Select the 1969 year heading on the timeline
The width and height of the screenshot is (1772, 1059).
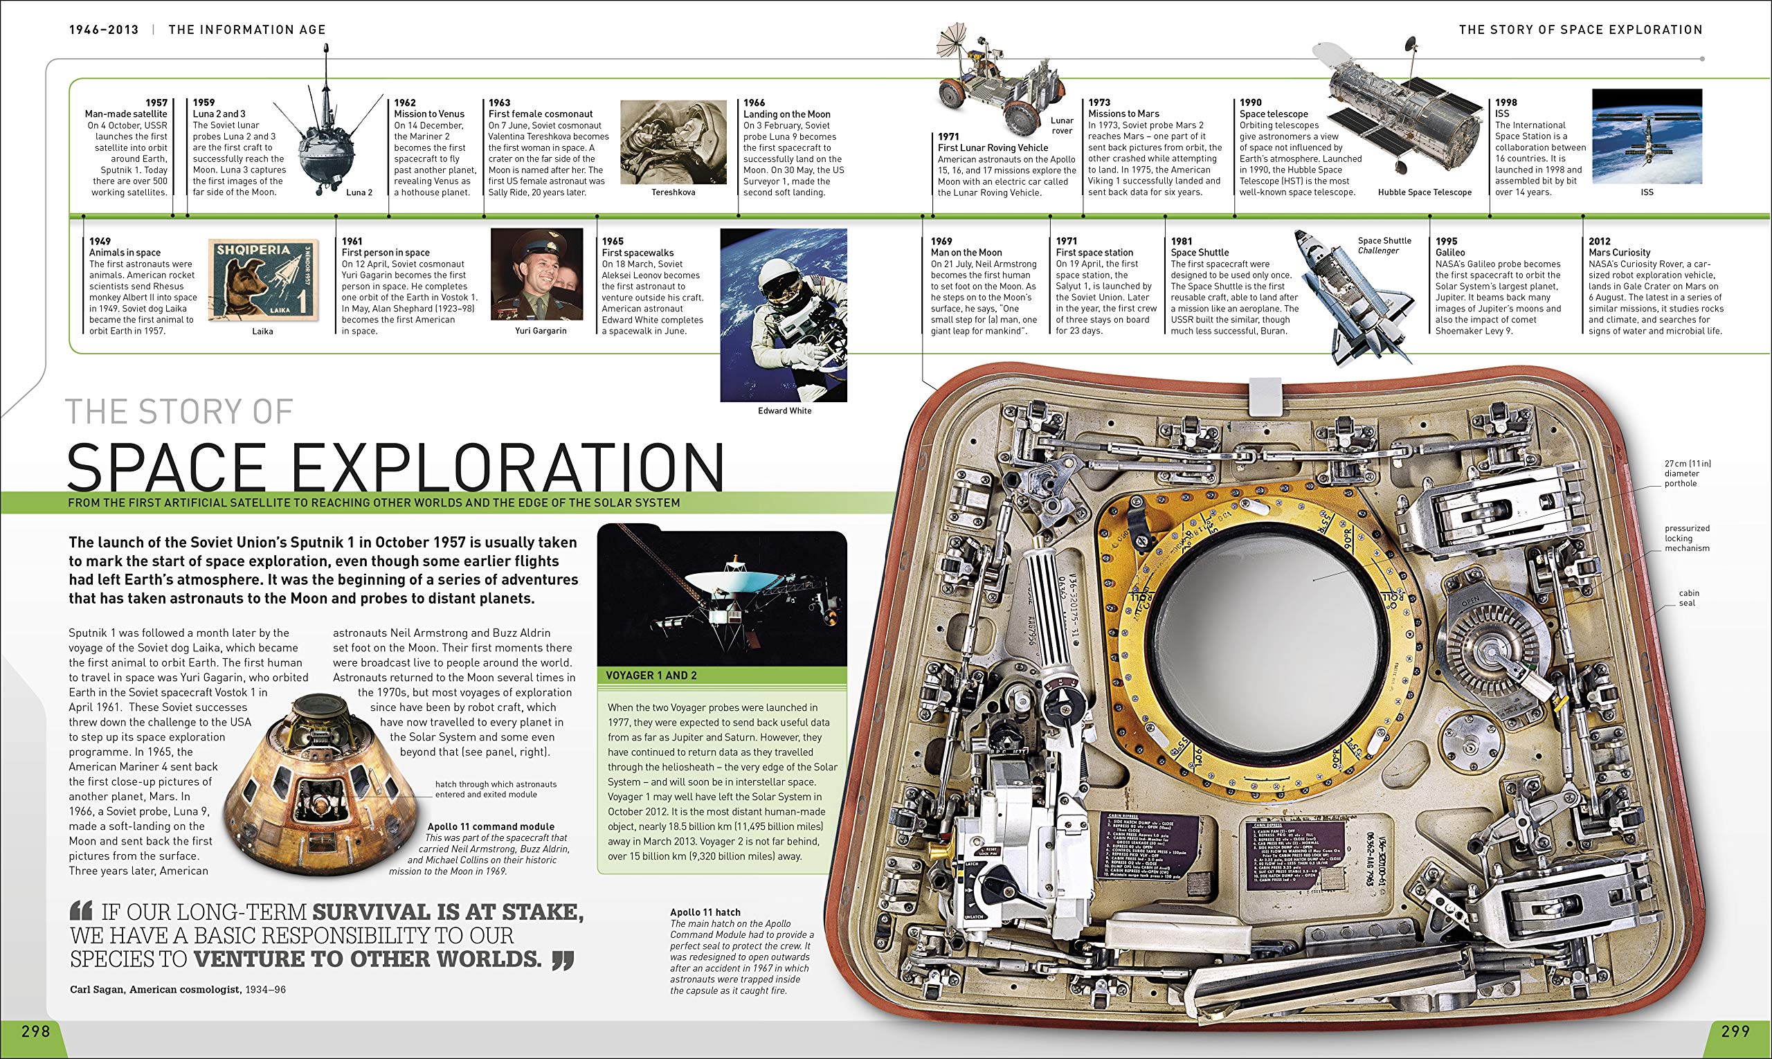(941, 241)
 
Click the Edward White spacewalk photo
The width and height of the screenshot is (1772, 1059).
(784, 314)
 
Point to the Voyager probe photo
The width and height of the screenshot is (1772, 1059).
(721, 596)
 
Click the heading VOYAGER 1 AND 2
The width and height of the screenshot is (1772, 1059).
(651, 675)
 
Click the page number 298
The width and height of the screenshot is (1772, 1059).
(36, 1031)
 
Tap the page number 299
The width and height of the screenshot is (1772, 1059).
(1735, 1031)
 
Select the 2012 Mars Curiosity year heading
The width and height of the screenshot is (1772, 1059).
(1599, 241)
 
